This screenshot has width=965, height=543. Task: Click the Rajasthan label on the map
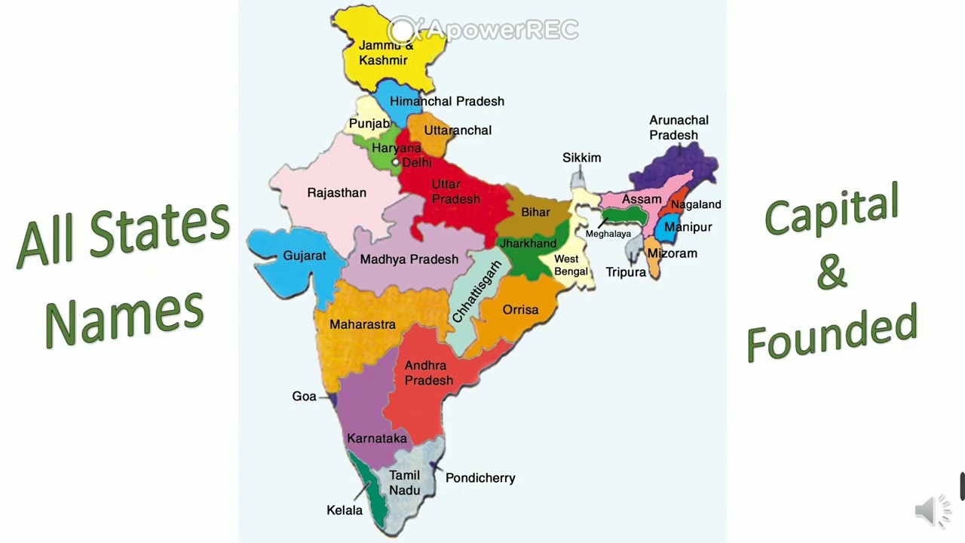pyautogui.click(x=336, y=193)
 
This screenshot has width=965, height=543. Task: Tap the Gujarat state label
pyautogui.click(x=305, y=256)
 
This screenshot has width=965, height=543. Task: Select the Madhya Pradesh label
pyautogui.click(x=409, y=259)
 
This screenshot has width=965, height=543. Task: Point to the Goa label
pyautogui.click(x=304, y=397)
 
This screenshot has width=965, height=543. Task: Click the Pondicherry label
pyautogui.click(x=480, y=478)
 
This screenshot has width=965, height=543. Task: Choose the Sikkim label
pyautogui.click(x=581, y=158)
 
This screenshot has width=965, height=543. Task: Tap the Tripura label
pyautogui.click(x=626, y=272)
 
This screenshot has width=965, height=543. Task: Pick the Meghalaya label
pyautogui.click(x=608, y=234)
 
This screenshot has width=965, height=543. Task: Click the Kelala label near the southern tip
pyautogui.click(x=345, y=511)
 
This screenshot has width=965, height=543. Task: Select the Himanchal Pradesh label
pyautogui.click(x=446, y=101)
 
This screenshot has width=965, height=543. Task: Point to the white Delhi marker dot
pyautogui.click(x=395, y=162)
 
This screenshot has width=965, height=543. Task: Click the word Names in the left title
pyautogui.click(x=124, y=317)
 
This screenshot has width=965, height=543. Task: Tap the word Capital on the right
pyautogui.click(x=832, y=209)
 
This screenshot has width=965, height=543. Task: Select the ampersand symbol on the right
pyautogui.click(x=832, y=273)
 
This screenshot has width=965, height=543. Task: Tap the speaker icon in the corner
pyautogui.click(x=932, y=511)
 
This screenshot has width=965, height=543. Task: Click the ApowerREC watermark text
pyautogui.click(x=501, y=30)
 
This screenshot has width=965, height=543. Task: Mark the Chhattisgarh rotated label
pyautogui.click(x=476, y=292)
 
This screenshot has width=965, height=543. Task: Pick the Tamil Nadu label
pyautogui.click(x=404, y=483)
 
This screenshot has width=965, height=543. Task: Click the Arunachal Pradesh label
pyautogui.click(x=679, y=127)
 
